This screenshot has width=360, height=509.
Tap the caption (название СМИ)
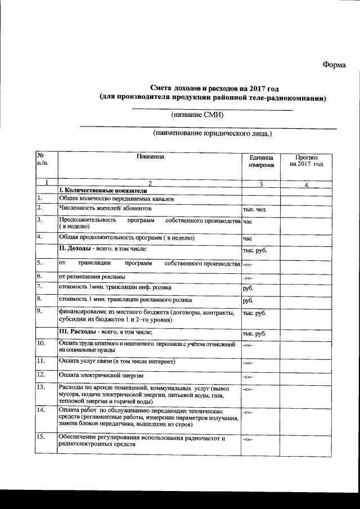coord(197,115)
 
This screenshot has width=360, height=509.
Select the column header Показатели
coord(150,157)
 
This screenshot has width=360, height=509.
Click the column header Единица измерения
coord(261,161)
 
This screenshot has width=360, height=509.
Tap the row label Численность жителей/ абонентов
coord(105,209)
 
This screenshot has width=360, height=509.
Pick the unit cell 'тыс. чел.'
coord(254,210)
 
